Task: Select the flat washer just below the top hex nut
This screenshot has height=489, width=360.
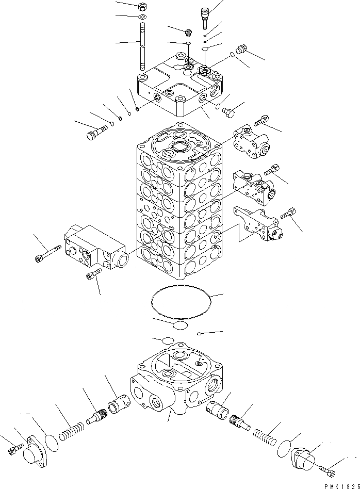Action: (x=142, y=18)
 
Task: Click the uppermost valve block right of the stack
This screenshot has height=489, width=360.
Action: (x=251, y=141)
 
